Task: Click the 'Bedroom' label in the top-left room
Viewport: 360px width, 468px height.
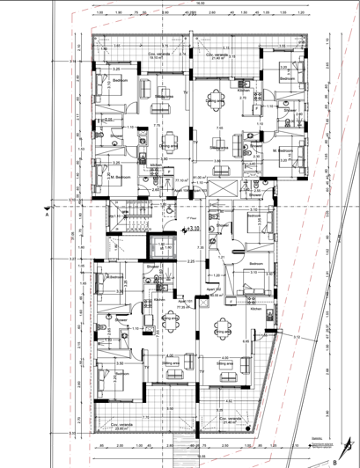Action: [x=120, y=79]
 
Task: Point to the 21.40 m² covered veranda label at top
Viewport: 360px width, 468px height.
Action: [x=217, y=55]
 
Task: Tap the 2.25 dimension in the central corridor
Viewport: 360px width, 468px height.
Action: [x=189, y=261]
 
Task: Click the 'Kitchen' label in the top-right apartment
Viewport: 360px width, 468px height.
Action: [x=244, y=90]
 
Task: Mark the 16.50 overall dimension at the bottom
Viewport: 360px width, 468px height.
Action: [x=201, y=457]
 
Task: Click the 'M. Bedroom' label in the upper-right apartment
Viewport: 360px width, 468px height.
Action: [x=282, y=150]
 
